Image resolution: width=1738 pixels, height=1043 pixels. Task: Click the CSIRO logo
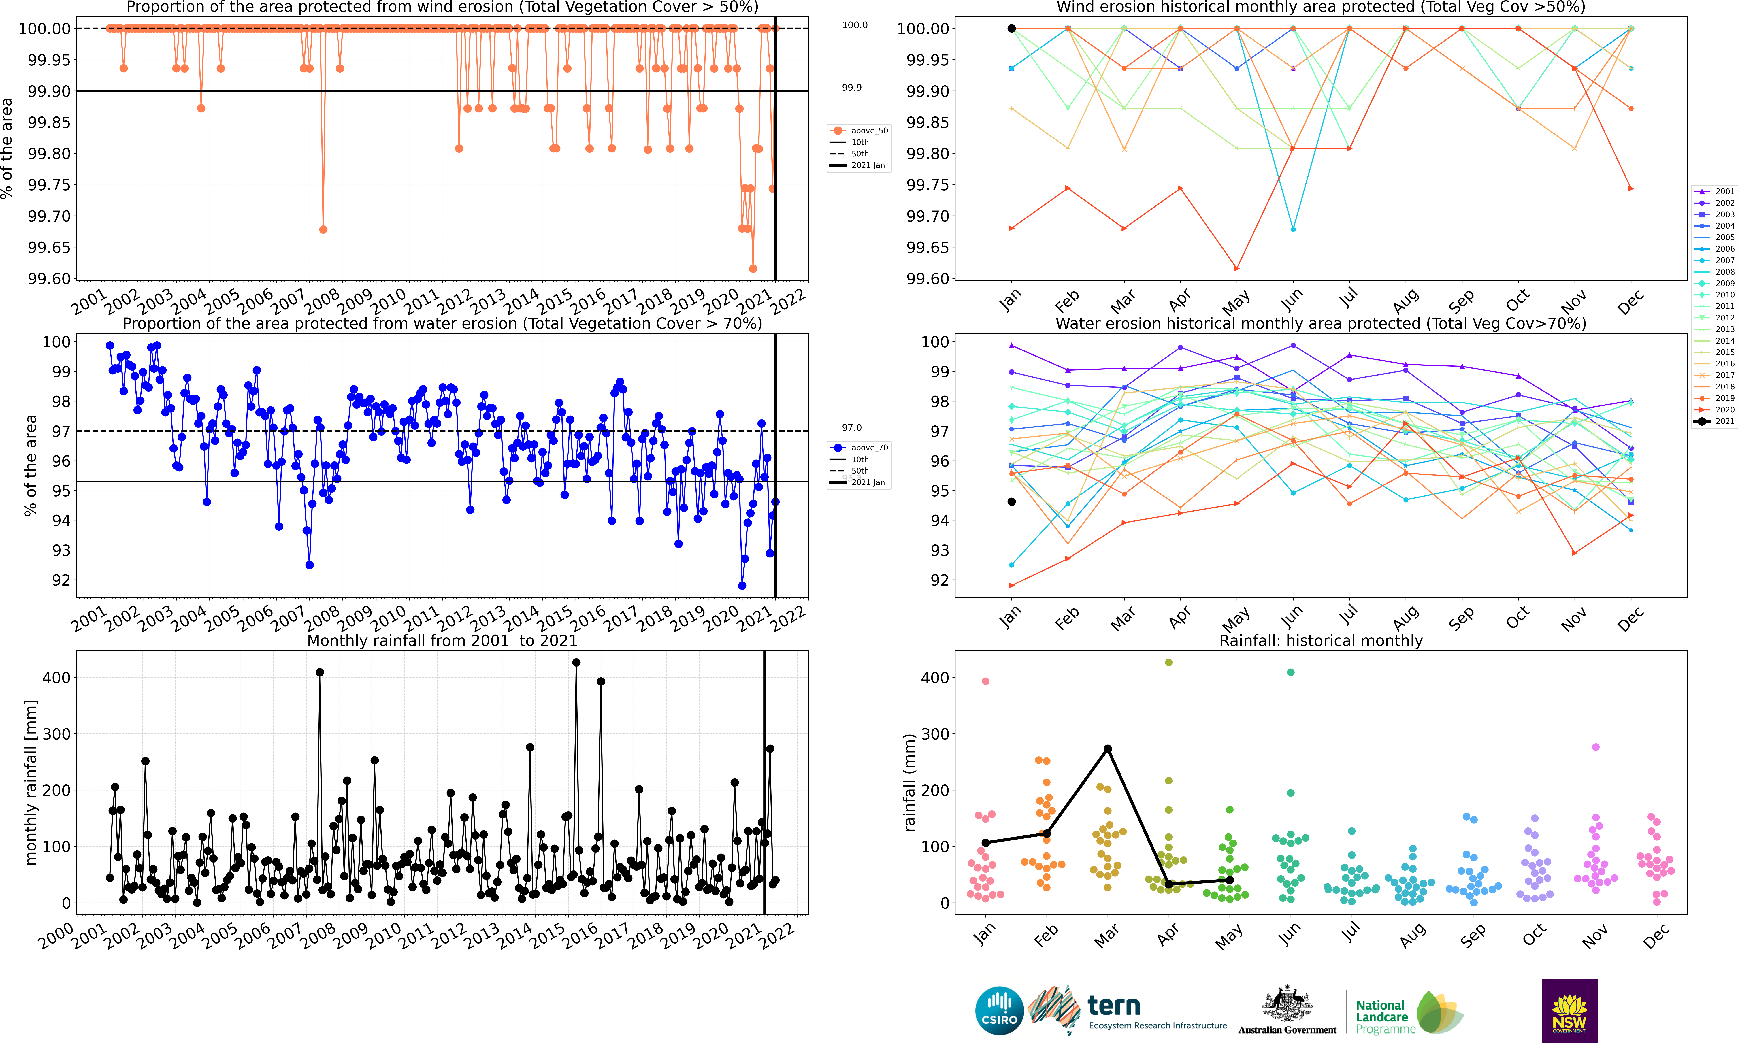pyautogui.click(x=999, y=1011)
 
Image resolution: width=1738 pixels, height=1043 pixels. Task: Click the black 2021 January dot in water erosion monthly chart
pyautogui.click(x=1011, y=502)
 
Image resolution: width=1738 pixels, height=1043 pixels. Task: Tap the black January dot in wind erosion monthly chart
pyautogui.click(x=1011, y=29)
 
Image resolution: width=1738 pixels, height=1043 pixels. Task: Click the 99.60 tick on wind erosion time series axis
pyautogui.click(x=49, y=279)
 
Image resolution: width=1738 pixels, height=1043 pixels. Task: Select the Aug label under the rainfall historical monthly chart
pyautogui.click(x=1413, y=935)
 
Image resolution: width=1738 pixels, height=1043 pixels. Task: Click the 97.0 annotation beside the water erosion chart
pyautogui.click(x=852, y=427)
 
